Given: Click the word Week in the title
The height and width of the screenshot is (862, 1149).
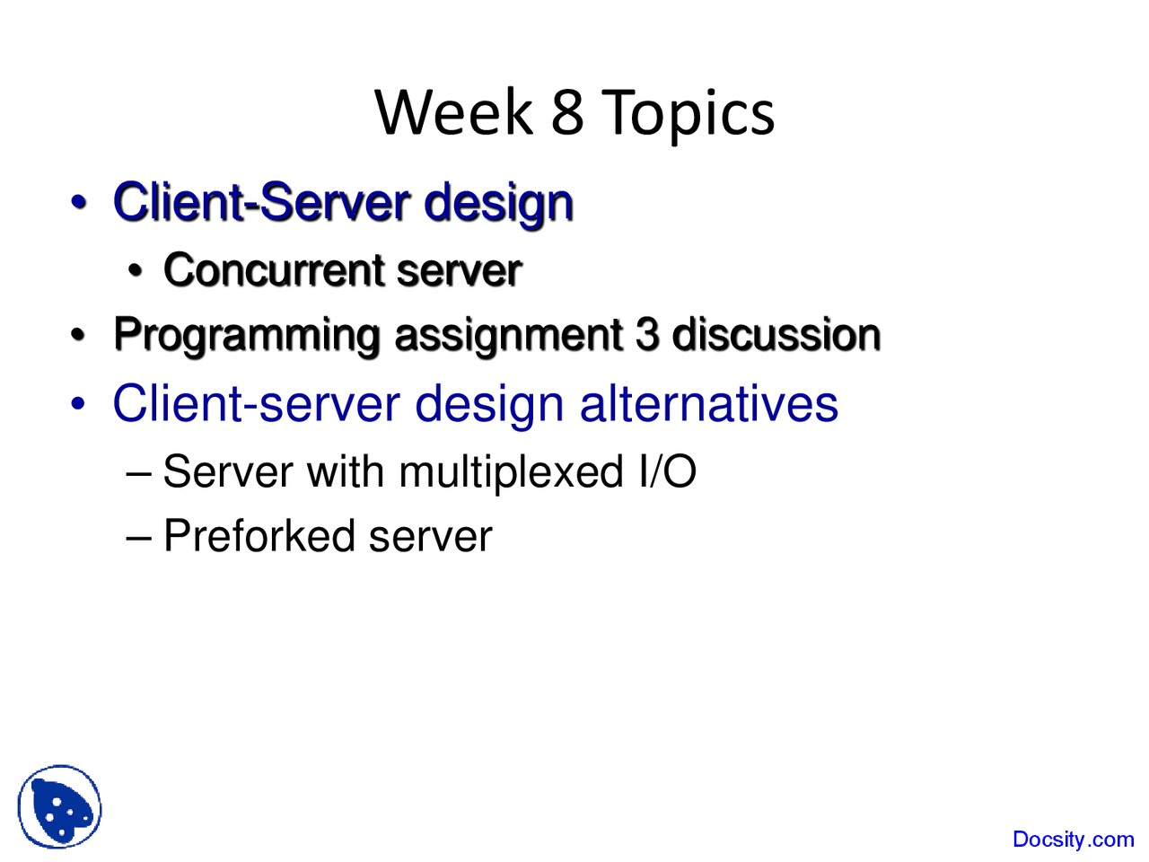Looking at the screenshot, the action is click(453, 112).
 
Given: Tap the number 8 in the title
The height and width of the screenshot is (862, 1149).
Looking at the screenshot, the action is click(567, 112).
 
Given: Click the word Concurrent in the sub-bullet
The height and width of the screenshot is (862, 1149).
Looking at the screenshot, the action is click(274, 270).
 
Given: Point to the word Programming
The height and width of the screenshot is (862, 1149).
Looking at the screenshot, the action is click(246, 337).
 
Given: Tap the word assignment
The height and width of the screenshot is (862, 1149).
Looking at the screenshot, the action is click(508, 337).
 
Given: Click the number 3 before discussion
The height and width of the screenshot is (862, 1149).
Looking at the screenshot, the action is click(647, 334).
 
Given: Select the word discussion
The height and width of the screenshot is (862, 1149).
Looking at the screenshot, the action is click(776, 334).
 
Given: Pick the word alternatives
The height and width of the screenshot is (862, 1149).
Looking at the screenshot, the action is click(709, 403).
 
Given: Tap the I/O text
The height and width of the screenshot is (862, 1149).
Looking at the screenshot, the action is click(667, 471).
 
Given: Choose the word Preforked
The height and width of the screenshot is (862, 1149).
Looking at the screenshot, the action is click(259, 535).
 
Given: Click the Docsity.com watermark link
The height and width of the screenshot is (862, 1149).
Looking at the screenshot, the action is click(1073, 840).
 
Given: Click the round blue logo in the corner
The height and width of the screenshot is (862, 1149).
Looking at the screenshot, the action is click(59, 806).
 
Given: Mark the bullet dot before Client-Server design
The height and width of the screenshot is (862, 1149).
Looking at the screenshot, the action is click(78, 202).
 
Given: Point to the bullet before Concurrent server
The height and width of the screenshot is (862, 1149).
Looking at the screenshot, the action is click(135, 271).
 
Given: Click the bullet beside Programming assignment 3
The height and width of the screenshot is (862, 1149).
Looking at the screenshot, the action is click(77, 335).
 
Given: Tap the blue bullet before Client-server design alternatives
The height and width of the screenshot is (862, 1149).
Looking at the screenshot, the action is click(78, 403).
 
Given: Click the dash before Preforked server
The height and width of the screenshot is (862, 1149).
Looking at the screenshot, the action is click(139, 539).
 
